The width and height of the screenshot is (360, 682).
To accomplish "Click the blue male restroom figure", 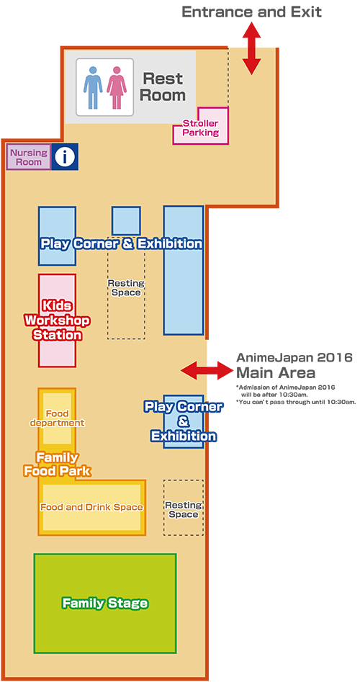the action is tap(93, 87).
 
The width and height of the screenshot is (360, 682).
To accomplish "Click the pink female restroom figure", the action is tap(117, 87).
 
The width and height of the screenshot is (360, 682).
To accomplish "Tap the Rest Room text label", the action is tap(163, 86).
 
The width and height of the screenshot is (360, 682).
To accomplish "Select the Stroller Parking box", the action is tap(200, 127).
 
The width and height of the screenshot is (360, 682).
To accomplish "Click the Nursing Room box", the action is tap(29, 157).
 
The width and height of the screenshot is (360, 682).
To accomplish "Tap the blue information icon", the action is tap(65, 156).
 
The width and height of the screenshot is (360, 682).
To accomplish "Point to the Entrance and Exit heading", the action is tap(251, 12).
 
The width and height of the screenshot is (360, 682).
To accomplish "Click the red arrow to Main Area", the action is tap(207, 371).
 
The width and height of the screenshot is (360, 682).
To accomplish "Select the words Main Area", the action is tap(276, 373).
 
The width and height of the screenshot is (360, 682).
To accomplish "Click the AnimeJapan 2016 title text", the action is tap(294, 357).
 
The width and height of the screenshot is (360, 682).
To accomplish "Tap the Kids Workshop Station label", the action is tap(58, 320).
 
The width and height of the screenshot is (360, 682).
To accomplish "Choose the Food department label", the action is tap(57, 418).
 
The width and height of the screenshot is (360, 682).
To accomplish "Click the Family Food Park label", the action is tap(57, 464).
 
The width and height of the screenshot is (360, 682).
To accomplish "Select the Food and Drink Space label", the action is tap(91, 507).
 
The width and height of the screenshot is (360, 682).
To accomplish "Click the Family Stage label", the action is tap(105, 604).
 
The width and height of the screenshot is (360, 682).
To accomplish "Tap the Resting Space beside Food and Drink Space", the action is tap(183, 509).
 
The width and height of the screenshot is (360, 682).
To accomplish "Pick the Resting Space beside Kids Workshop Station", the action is tap(126, 287).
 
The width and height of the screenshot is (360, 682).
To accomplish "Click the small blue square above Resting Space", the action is tap(126, 221).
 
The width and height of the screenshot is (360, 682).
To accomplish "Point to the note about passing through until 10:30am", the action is tap(296, 402).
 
